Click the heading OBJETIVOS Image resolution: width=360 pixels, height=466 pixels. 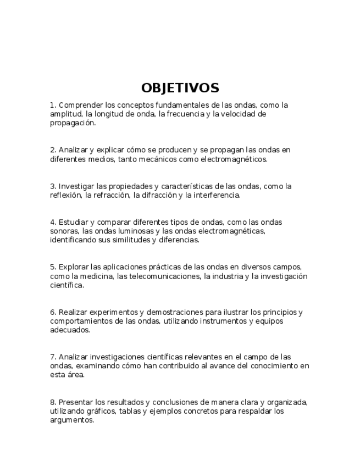click(x=180, y=88)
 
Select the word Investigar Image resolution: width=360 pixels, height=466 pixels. click(x=76, y=186)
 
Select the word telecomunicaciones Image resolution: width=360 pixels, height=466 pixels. click(x=165, y=276)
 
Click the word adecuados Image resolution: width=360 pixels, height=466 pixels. click(x=69, y=330)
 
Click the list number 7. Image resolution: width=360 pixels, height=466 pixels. click(x=53, y=357)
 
